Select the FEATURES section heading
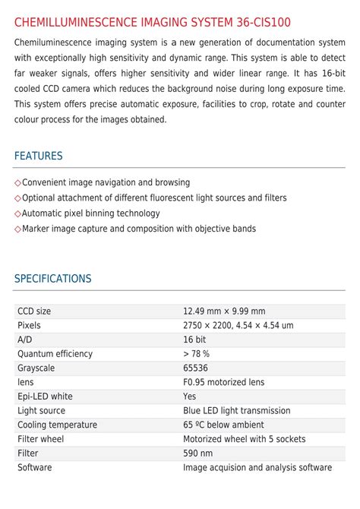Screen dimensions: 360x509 [38, 156]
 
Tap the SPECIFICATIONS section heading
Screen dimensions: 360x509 [52, 279]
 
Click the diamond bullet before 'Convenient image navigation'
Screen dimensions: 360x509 [17, 183]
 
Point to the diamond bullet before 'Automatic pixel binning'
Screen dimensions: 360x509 [17, 213]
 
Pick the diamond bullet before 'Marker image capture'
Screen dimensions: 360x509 [17, 229]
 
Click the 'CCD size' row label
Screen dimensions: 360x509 [34, 311]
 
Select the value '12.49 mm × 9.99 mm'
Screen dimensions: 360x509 [224, 311]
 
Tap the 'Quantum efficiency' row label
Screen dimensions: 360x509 [55, 353]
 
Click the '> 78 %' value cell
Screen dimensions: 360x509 [196, 353]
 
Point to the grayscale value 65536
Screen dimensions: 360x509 [196, 368]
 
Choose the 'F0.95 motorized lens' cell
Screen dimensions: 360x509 [223, 382]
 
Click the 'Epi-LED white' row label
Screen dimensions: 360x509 [45, 396]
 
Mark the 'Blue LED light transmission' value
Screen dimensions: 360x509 [236, 410]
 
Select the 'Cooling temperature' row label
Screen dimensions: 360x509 [57, 425]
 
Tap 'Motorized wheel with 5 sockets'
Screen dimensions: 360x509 [244, 439]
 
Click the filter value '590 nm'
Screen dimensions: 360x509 [197, 453]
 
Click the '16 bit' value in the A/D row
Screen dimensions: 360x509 [194, 340]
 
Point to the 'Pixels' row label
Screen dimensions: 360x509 [29, 325]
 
